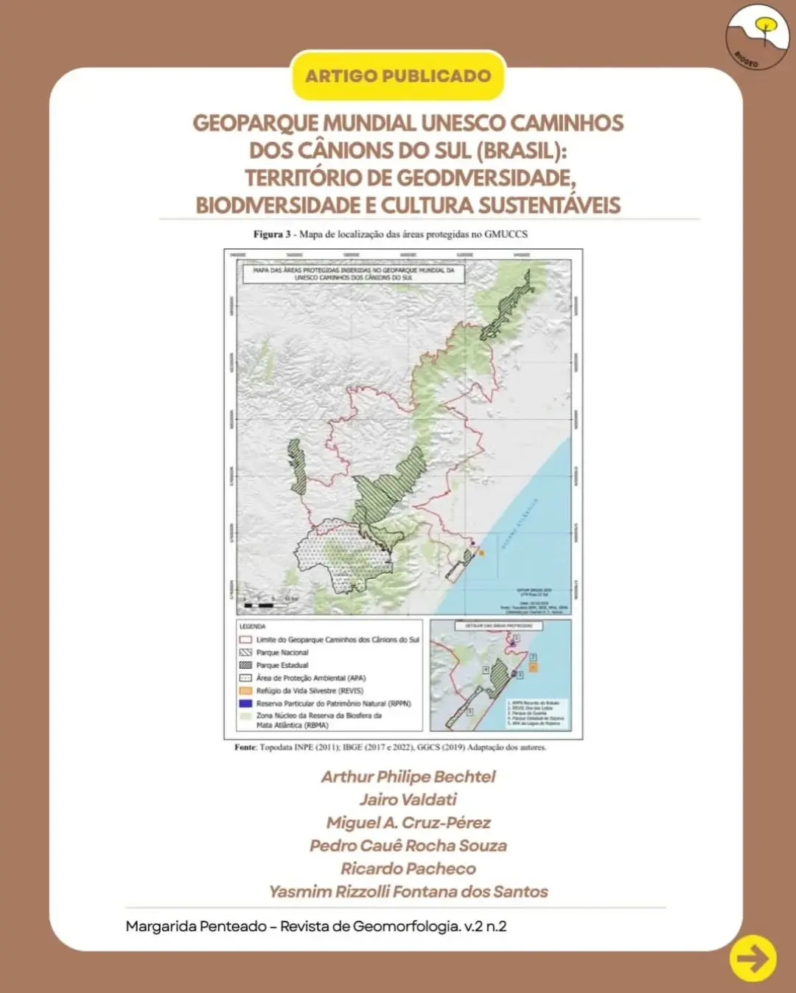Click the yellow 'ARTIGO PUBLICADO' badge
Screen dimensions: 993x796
pyautogui.click(x=398, y=76)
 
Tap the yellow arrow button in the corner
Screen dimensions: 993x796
pyautogui.click(x=753, y=958)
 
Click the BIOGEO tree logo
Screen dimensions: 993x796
pyautogui.click(x=758, y=37)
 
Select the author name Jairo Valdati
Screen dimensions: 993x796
pyautogui.click(x=408, y=799)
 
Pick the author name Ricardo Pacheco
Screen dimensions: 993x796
pyautogui.click(x=408, y=869)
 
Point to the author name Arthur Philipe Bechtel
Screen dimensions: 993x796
pyautogui.click(x=408, y=776)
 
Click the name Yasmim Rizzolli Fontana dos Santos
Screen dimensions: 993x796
pyautogui.click(x=408, y=891)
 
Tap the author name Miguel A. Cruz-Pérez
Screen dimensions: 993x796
pyautogui.click(x=408, y=822)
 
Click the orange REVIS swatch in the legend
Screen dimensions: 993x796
pyautogui.click(x=245, y=691)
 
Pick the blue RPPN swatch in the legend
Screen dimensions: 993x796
pyautogui.click(x=245, y=703)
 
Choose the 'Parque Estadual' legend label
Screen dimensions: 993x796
pyautogui.click(x=282, y=665)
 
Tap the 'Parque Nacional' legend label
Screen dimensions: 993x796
pyautogui.click(x=282, y=653)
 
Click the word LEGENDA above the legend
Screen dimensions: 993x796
pyautogui.click(x=252, y=627)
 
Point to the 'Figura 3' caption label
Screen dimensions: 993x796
pyautogui.click(x=272, y=234)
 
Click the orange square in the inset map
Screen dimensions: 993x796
pyautogui.click(x=533, y=667)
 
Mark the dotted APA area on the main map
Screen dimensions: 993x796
pyautogui.click(x=335, y=556)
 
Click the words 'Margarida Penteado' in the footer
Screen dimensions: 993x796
pyautogui.click(x=196, y=927)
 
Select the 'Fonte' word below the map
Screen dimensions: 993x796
pyautogui.click(x=245, y=747)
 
